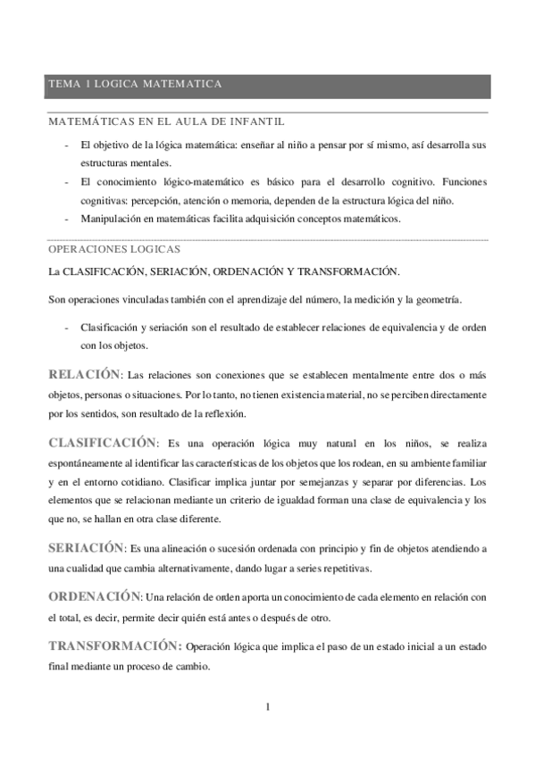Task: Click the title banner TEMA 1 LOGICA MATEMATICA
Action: point(135,84)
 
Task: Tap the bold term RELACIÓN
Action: point(84,372)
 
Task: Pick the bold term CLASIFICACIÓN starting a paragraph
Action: point(103,441)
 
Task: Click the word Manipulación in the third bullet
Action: point(110,219)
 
